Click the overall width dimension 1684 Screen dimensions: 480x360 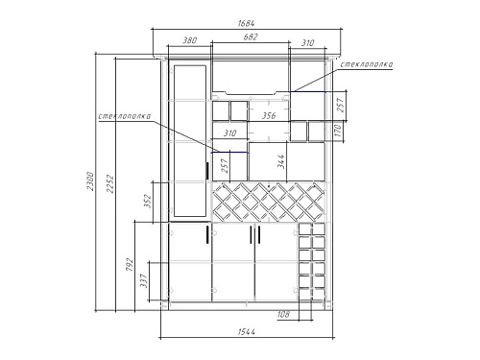246,24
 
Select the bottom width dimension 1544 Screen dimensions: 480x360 247,332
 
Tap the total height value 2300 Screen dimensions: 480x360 90,181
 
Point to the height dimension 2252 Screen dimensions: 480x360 110,183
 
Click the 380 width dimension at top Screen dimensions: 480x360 189,40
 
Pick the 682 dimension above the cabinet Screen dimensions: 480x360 251,37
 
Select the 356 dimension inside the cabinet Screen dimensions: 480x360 269,115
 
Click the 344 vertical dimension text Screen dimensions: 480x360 280,161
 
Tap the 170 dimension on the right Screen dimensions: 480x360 338,131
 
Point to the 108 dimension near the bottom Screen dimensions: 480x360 283,314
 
